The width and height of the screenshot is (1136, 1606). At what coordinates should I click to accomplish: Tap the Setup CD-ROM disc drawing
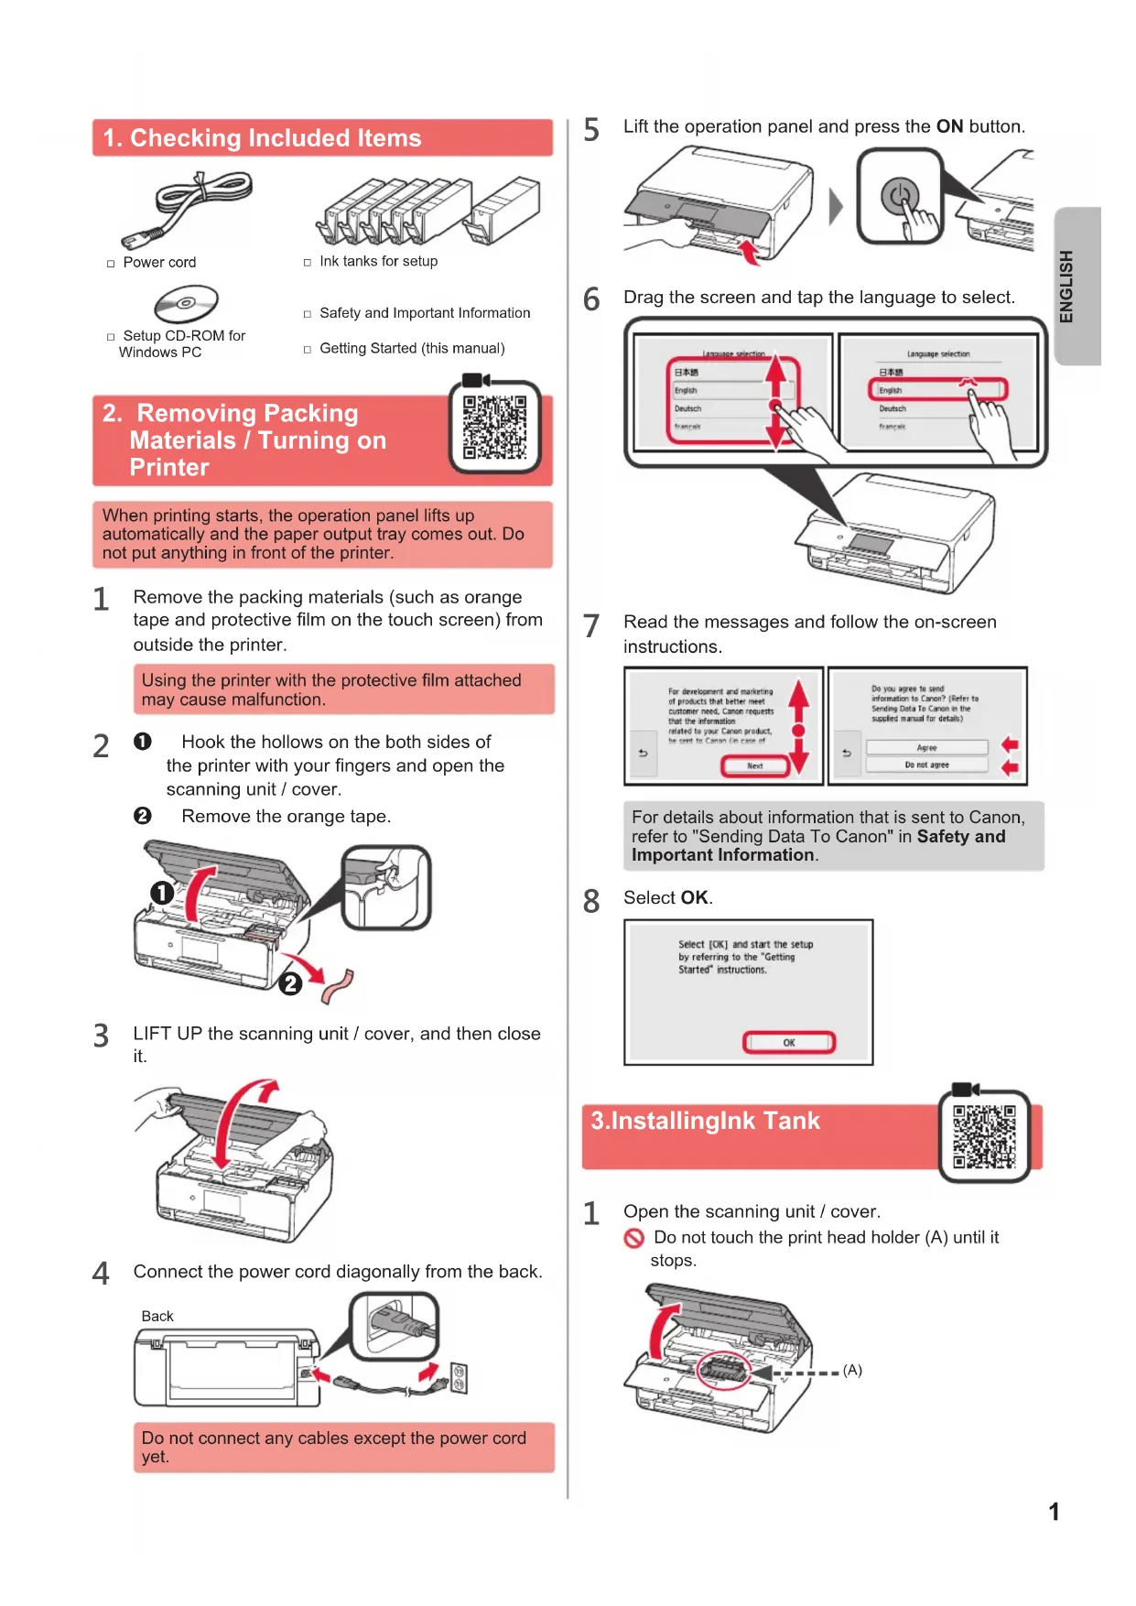(x=186, y=302)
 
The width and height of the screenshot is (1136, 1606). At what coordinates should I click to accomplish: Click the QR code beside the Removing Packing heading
(x=494, y=427)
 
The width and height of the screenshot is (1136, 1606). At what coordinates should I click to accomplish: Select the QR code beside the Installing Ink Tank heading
(x=984, y=1136)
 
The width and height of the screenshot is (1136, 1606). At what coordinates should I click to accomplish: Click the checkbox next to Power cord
(x=111, y=264)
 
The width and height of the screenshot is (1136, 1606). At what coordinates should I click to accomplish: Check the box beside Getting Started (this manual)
(x=308, y=349)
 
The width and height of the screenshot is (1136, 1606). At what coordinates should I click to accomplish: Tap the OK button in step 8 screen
(x=788, y=1042)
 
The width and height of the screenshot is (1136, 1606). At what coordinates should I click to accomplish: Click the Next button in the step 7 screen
(x=754, y=765)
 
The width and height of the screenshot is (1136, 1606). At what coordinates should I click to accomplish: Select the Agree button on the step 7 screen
(x=926, y=747)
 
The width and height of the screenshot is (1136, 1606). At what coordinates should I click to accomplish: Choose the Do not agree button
(x=926, y=765)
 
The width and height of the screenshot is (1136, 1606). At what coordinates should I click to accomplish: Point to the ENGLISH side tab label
(x=1066, y=286)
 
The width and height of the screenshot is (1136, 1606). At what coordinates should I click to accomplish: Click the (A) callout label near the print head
(x=852, y=1370)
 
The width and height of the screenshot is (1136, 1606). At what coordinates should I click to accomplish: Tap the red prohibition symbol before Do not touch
(x=634, y=1239)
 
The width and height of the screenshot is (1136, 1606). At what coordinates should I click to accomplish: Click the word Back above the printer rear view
(x=157, y=1316)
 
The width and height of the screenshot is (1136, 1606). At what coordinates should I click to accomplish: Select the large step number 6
(x=592, y=299)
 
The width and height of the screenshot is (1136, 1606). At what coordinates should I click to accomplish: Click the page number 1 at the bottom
(x=1054, y=1512)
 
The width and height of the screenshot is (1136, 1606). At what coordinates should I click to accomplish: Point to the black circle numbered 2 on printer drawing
(x=290, y=983)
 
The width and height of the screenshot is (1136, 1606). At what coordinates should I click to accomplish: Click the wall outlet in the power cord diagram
(x=459, y=1378)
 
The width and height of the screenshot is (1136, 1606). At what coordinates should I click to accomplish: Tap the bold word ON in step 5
(x=949, y=126)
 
